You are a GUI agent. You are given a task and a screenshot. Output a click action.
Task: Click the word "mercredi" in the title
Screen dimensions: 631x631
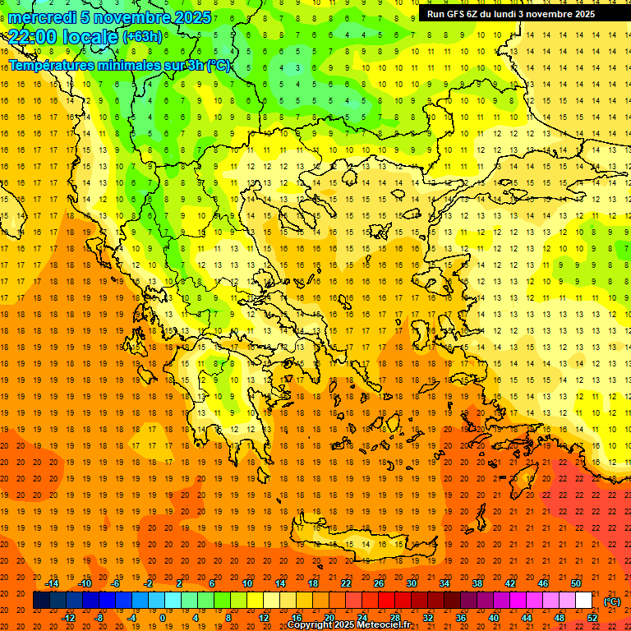(x=42, y=17)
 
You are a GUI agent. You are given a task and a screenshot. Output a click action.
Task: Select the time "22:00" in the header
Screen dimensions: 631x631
(x=32, y=36)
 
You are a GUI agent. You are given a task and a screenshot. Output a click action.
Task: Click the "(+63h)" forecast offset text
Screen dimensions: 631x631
(x=142, y=37)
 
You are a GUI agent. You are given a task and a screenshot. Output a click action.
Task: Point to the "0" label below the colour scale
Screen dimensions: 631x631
(x=163, y=618)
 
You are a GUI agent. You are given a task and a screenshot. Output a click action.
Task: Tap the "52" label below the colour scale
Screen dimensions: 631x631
(x=592, y=618)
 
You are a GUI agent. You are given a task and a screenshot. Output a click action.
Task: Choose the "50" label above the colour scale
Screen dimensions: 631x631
(x=576, y=583)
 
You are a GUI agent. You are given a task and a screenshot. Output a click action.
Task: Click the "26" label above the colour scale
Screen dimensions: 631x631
(x=378, y=583)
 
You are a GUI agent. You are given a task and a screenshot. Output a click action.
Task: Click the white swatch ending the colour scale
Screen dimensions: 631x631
(x=583, y=601)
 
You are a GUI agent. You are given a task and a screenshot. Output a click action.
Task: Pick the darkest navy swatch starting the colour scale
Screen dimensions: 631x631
(x=41, y=601)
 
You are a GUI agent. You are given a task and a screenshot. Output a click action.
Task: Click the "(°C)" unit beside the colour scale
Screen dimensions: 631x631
(x=612, y=601)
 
